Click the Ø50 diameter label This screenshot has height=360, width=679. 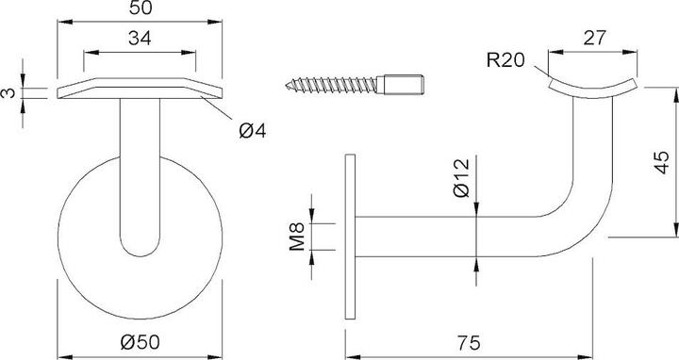[x=140, y=342]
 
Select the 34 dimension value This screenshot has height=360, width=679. [x=140, y=38]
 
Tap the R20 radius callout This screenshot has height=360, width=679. [x=505, y=60]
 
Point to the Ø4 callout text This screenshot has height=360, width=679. [x=253, y=130]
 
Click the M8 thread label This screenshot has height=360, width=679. [x=297, y=237]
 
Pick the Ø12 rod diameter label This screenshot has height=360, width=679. [x=461, y=178]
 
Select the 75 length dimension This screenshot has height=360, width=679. [x=469, y=343]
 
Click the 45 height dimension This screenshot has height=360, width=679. [x=661, y=162]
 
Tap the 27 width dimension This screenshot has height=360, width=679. [x=594, y=38]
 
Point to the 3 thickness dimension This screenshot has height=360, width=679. [x=8, y=92]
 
